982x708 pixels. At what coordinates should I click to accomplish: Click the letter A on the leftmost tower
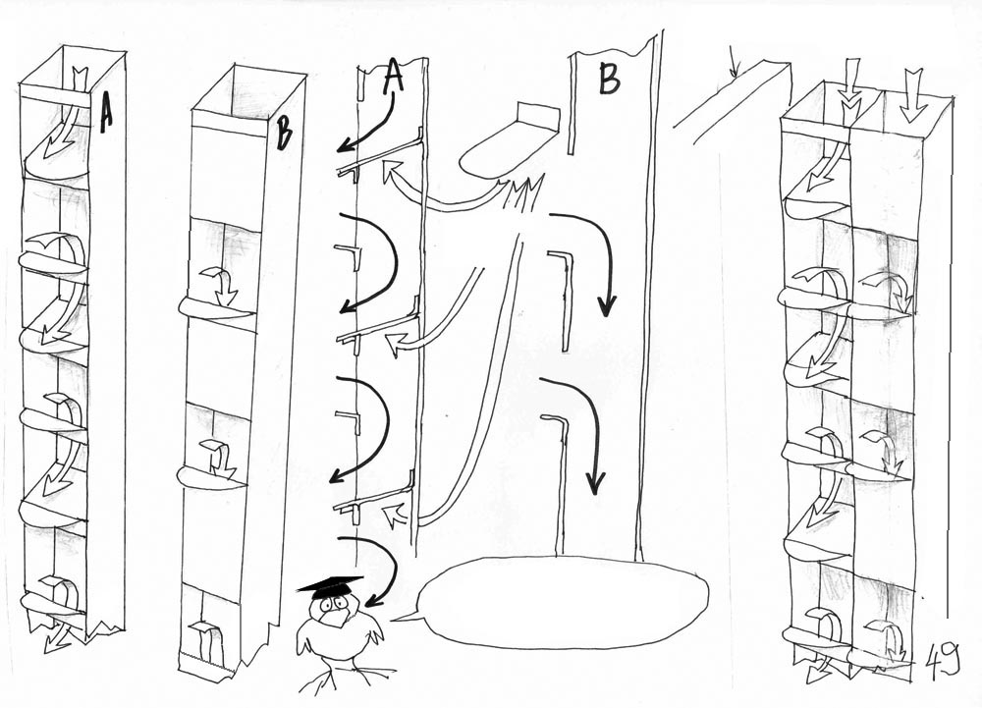pos(105,112)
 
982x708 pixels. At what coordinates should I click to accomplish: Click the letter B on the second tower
pos(284,134)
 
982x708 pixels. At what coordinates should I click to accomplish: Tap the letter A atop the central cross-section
pos(392,77)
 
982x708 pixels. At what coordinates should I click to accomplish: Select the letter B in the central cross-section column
pos(609,79)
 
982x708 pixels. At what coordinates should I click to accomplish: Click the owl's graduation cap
pos(331,587)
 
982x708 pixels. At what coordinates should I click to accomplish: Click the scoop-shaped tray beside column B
pos(506,145)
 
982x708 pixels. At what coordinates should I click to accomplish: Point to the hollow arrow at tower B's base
pos(209,639)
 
